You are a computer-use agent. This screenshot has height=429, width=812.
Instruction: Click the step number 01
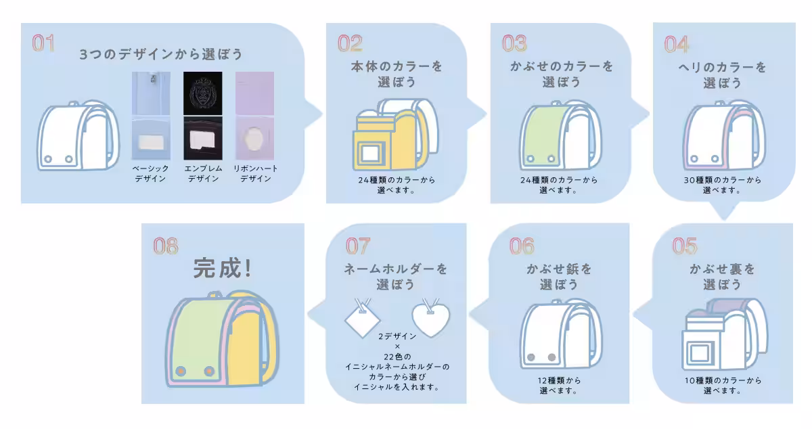tap(43, 43)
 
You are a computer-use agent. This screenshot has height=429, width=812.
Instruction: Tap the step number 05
tap(684, 246)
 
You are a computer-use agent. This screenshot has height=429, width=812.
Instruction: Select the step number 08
tap(165, 246)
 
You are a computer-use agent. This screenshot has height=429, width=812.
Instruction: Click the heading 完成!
tap(223, 269)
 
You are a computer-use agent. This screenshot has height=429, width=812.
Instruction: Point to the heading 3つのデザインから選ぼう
tap(160, 55)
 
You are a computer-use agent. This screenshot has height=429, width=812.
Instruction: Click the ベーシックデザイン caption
tap(150, 173)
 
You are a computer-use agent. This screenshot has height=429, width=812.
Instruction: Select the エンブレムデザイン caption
tap(203, 173)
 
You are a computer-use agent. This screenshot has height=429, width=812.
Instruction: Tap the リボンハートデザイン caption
tap(255, 173)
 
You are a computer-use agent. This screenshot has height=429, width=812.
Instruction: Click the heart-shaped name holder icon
tap(431, 316)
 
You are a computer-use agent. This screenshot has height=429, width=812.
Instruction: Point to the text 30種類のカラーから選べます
tap(722, 185)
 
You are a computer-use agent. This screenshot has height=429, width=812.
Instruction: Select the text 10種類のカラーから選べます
tap(722, 385)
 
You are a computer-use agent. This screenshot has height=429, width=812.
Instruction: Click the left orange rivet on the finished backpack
tap(181, 371)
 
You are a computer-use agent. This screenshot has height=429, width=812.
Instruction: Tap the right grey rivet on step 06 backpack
tap(551, 357)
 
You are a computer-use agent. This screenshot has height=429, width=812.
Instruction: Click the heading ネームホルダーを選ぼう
tap(396, 276)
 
